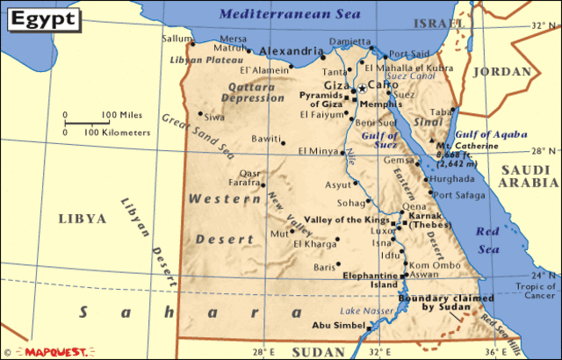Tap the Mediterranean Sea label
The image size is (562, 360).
point(278,13)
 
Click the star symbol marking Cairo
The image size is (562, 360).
point(361,88)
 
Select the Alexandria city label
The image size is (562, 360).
point(292,51)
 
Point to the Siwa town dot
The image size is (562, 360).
point(201,113)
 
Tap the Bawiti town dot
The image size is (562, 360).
point(284,140)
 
